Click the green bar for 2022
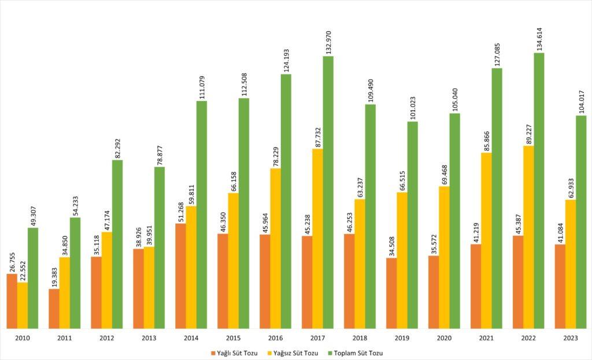539,191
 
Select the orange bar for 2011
54,309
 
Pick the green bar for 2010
33,278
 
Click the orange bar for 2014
180,276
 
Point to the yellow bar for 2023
571,264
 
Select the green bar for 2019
412,225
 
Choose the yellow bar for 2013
149,288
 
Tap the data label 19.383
54,273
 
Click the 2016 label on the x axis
275,337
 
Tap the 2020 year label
444,337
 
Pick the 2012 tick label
106,337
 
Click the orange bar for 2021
476,286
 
